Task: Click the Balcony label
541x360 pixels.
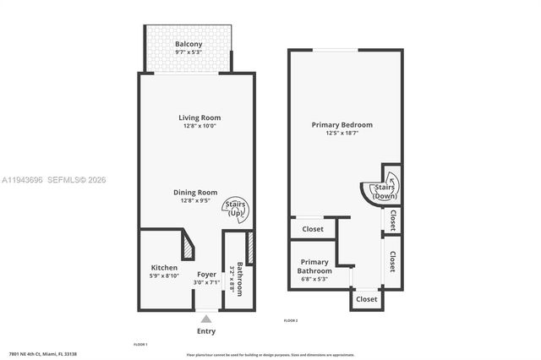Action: (188, 44)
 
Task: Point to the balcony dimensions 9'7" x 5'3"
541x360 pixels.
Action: (188, 52)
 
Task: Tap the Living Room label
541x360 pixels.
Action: (199, 117)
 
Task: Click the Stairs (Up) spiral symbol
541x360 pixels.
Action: (234, 208)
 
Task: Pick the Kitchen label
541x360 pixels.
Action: (164, 268)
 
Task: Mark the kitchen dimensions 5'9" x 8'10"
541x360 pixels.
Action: (164, 276)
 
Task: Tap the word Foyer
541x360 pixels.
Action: (206, 274)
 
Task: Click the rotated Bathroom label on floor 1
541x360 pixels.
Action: (240, 278)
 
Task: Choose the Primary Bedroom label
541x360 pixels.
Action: (342, 124)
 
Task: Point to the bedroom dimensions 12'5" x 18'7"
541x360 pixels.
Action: (342, 133)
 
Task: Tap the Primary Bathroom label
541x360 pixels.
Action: (314, 266)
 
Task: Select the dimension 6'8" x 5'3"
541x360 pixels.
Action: (314, 279)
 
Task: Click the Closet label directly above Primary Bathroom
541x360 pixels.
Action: (313, 228)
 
